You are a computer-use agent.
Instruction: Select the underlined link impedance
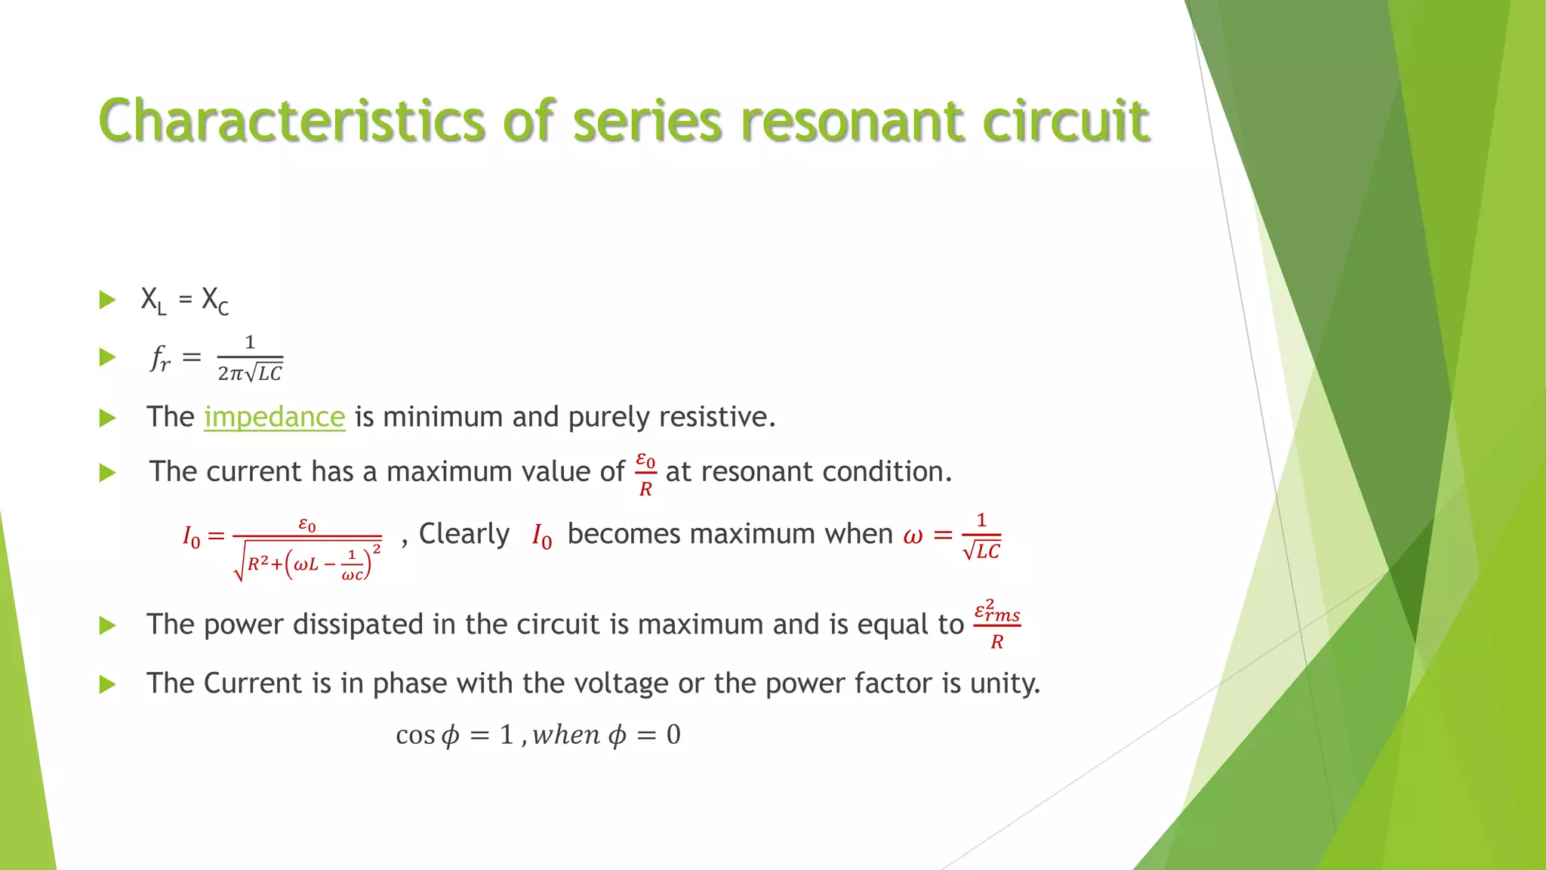(x=274, y=417)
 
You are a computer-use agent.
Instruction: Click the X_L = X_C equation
(x=184, y=301)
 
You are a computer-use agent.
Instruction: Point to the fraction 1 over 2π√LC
(x=250, y=359)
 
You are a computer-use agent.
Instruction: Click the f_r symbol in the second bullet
(x=160, y=357)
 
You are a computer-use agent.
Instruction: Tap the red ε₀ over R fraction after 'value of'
(x=645, y=474)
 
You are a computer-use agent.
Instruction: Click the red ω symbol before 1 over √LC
(x=913, y=535)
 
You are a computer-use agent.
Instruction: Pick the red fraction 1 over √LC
(x=981, y=536)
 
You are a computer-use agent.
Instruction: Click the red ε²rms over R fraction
(x=997, y=625)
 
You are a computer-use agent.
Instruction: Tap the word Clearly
(x=464, y=534)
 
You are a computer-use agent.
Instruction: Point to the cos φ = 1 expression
(x=454, y=735)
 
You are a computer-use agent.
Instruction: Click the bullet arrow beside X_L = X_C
(x=108, y=301)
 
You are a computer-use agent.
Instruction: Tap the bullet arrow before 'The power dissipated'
(x=108, y=625)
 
